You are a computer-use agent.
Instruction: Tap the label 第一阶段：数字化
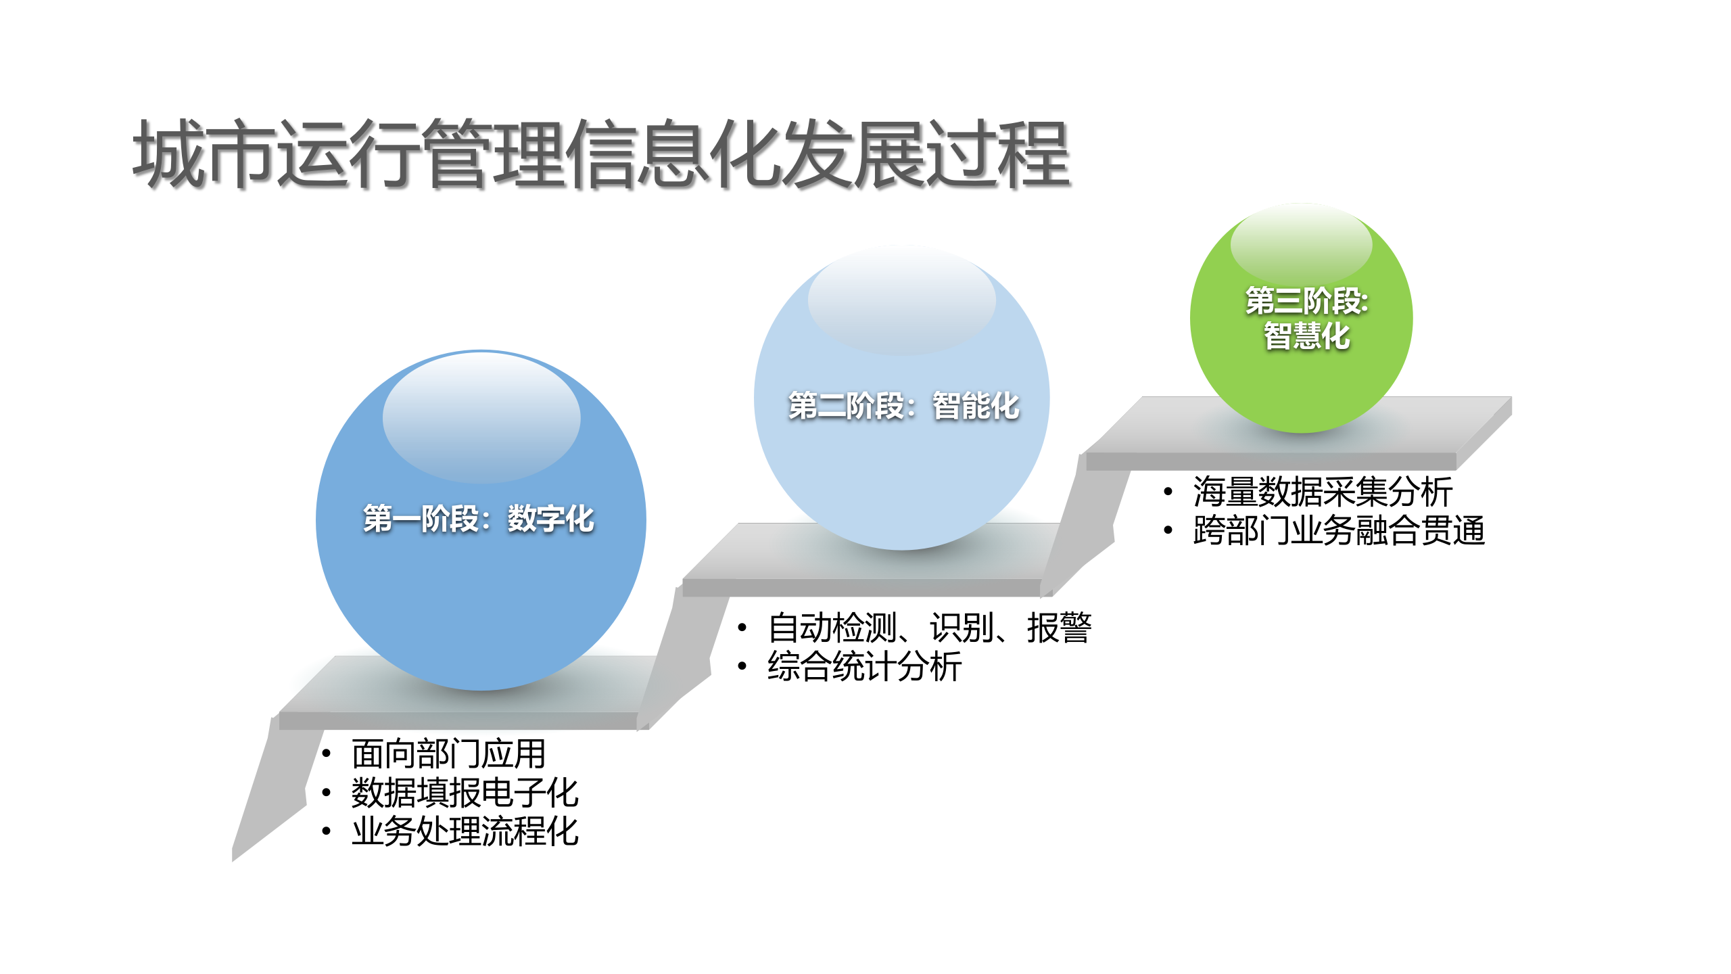479,519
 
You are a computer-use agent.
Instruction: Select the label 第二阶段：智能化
903,406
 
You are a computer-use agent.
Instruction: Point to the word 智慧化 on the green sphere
1306,336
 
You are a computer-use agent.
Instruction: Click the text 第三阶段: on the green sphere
1306,301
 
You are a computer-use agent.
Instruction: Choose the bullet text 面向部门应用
448,753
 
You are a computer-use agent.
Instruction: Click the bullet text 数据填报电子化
465,793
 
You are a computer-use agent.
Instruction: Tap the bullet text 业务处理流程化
465,831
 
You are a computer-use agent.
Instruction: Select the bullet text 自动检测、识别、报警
929,628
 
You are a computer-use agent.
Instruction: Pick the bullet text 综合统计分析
864,666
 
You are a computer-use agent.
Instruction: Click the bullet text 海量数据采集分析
1323,492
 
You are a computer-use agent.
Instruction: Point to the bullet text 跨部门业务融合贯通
1339,530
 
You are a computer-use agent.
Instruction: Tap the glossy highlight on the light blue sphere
901,301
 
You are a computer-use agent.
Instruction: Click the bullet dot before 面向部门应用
327,753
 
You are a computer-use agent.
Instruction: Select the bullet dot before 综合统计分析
742,666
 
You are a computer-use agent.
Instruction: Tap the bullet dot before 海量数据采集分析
1168,492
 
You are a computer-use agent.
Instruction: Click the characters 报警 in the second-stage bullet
1059,628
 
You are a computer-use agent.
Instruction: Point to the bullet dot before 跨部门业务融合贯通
1168,530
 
